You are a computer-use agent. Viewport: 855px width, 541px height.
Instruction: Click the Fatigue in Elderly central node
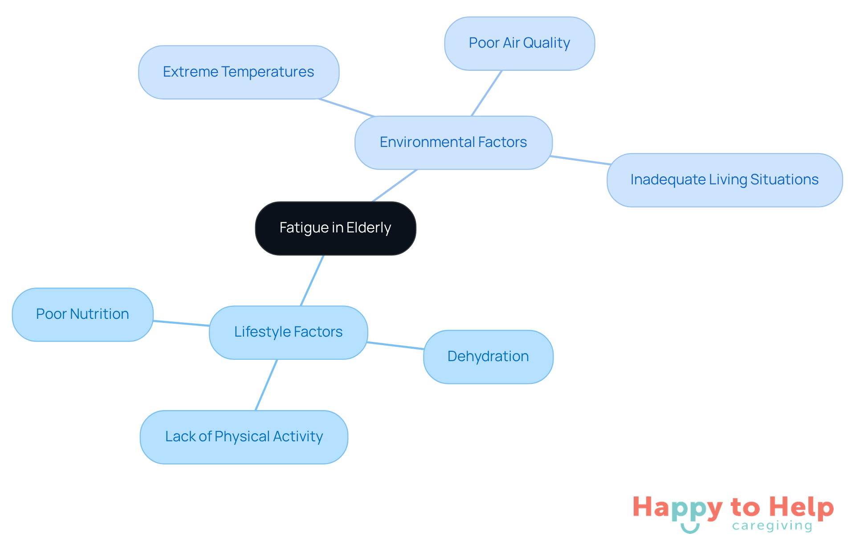pos(335,228)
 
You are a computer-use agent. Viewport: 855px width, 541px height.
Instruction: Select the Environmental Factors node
pos(453,142)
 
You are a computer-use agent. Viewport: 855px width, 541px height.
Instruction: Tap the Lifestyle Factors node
pos(288,332)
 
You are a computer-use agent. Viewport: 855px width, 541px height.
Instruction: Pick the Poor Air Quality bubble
pos(519,43)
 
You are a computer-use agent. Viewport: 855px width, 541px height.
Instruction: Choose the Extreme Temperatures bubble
pos(238,72)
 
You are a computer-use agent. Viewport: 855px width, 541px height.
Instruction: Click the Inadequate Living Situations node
pos(724,180)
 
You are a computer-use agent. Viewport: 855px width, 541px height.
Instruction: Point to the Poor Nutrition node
pos(82,314)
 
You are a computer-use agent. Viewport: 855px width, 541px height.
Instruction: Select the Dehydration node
pos(488,357)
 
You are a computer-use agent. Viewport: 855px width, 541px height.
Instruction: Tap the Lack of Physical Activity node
pos(244,437)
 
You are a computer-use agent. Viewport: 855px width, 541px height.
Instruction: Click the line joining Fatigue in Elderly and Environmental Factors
pos(395,186)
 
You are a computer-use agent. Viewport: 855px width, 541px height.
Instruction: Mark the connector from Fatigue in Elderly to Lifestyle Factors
pos(312,281)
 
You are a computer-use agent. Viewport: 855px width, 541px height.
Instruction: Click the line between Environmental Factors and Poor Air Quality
pos(487,93)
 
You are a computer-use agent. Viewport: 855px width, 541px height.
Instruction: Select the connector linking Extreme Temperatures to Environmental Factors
pos(346,108)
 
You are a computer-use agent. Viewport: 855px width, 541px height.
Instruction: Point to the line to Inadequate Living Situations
pos(580,160)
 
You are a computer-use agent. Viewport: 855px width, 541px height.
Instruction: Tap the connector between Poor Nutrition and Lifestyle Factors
pos(181,323)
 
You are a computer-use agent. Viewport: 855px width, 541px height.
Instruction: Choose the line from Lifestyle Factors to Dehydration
pos(395,346)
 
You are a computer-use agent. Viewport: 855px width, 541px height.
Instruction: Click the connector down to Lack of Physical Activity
pos(266,385)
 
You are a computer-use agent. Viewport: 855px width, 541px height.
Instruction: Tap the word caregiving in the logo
pos(772,526)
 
